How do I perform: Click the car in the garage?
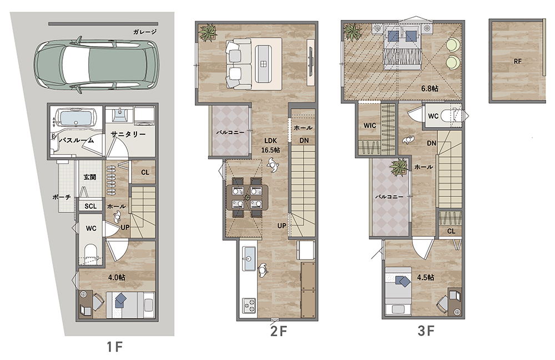[x=95, y=65]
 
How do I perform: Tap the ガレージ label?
[x=145, y=32]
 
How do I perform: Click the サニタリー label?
[x=128, y=134]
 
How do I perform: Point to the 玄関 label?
[x=90, y=177]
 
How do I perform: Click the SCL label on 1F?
[x=90, y=206]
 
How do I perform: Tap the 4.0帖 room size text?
[x=117, y=277]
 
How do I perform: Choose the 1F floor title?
[x=115, y=347]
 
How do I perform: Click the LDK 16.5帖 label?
[x=270, y=145]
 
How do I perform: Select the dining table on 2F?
[x=247, y=197]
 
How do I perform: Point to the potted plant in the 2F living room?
[x=208, y=32]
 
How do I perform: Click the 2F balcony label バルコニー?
[x=230, y=132]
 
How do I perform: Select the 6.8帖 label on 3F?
[x=430, y=88]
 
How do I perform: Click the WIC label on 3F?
[x=370, y=125]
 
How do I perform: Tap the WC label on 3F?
[x=433, y=116]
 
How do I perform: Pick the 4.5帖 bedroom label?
[x=426, y=277]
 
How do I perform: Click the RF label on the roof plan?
[x=517, y=61]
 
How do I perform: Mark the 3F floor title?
[x=426, y=331]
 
